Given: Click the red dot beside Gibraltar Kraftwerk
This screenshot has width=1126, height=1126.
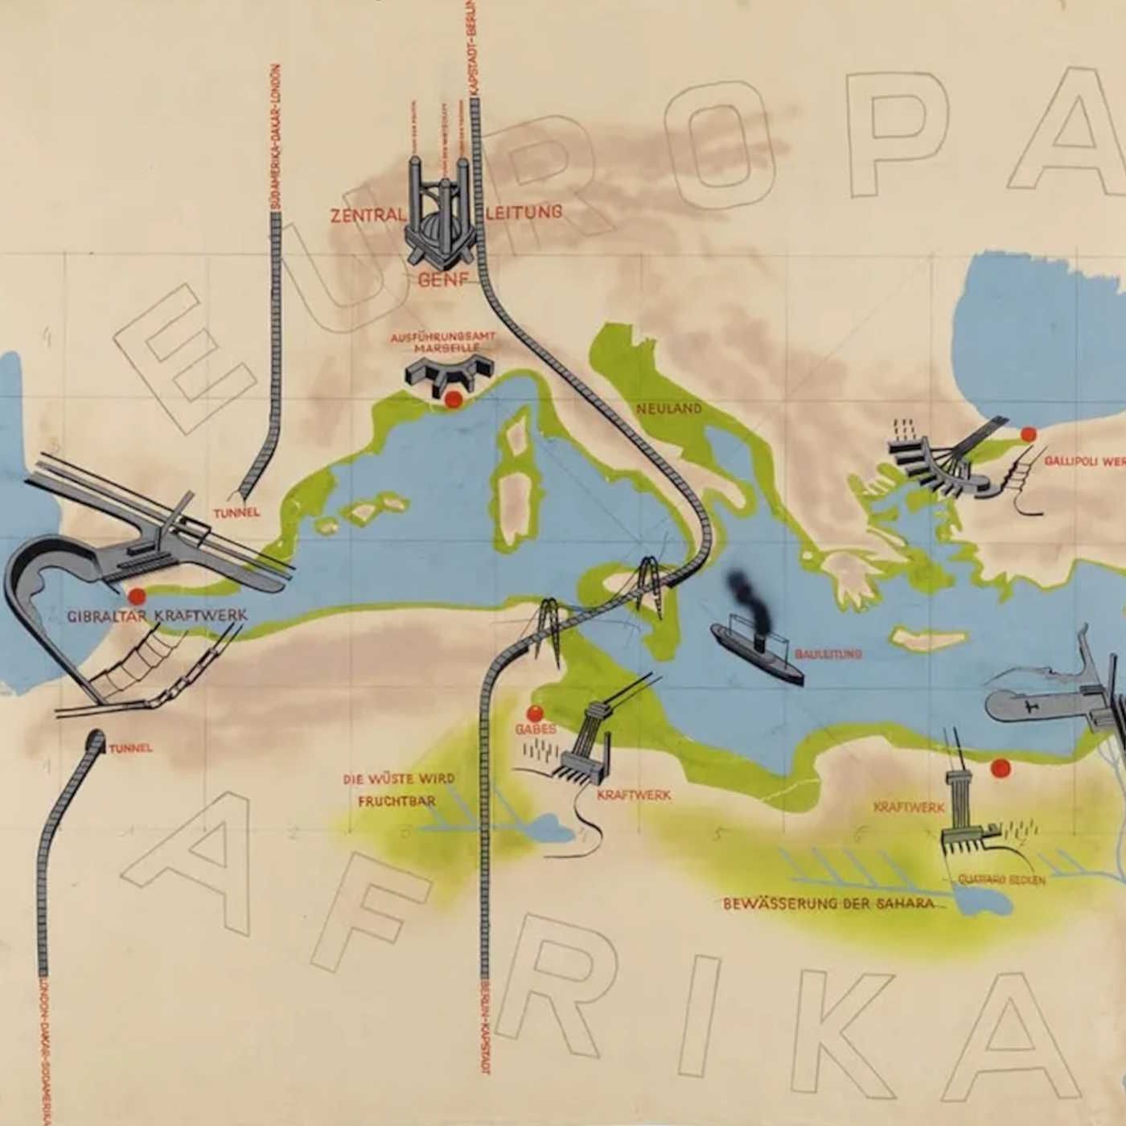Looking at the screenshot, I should click(x=137, y=596).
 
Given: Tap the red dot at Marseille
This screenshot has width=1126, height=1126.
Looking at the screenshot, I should click(x=453, y=400).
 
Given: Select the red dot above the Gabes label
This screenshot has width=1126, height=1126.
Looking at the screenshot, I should click(x=535, y=713).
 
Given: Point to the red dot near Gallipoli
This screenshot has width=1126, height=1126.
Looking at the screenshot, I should click(x=1028, y=435).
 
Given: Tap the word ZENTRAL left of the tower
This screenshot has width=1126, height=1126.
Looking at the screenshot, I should click(x=366, y=216).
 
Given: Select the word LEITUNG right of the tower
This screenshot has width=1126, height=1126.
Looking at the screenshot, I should click(x=524, y=212).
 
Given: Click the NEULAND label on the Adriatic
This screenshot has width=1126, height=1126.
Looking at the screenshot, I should click(x=668, y=409).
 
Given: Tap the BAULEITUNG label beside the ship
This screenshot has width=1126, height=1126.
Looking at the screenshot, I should click(x=828, y=654).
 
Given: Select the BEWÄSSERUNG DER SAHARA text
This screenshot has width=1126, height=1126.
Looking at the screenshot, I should click(x=828, y=903).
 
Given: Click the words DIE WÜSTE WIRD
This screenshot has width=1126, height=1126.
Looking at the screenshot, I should click(x=399, y=779).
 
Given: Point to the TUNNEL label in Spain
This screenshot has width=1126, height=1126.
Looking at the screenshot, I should click(x=236, y=512).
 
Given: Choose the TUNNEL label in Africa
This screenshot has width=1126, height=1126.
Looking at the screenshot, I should click(x=130, y=748).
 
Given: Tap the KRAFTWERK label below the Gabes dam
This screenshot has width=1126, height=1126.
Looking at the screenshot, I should click(x=633, y=795).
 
